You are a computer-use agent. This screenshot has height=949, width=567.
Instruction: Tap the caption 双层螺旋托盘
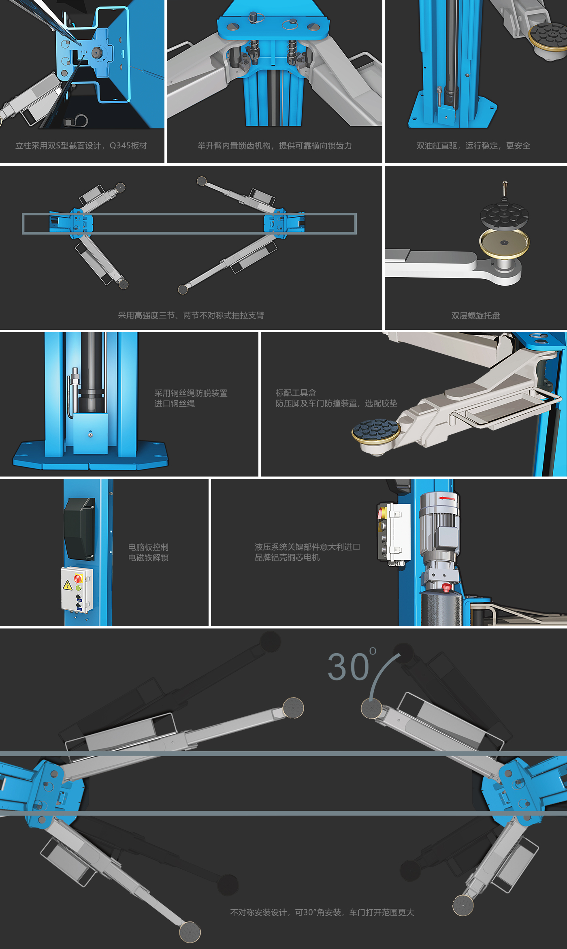point(475,316)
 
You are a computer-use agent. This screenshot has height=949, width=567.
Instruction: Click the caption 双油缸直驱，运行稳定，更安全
point(473,146)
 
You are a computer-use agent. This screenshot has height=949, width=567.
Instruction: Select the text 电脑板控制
point(148,547)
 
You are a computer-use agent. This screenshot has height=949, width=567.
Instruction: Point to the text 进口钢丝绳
point(175,404)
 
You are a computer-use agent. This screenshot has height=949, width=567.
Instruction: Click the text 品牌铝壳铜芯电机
point(287,558)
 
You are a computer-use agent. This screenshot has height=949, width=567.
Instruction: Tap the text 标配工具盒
point(296,393)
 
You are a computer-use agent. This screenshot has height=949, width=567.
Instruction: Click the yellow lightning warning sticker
point(67,585)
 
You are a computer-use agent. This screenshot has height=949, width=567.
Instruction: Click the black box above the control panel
point(79,529)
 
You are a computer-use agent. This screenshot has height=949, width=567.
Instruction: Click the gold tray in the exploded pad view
point(504,243)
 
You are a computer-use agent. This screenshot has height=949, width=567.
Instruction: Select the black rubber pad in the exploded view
point(504,215)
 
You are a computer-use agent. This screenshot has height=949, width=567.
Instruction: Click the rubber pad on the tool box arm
point(376,429)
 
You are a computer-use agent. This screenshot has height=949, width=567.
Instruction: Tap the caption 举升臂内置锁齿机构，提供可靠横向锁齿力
point(275,146)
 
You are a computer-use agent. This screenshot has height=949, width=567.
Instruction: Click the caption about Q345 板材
point(81,146)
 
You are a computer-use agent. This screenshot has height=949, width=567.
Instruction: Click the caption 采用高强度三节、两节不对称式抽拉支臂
point(191,316)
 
